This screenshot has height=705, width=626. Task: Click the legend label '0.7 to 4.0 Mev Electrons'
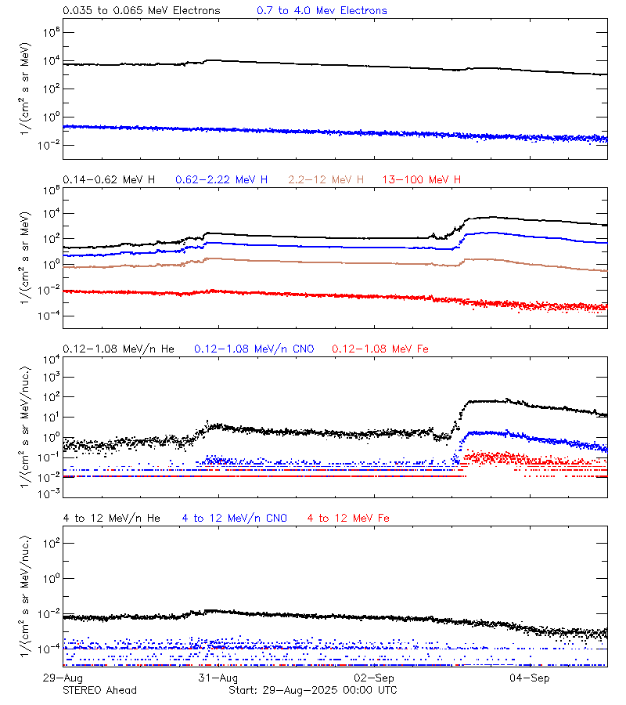pyautogui.click(x=322, y=11)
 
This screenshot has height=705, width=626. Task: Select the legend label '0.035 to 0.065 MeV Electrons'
pyautogui.click(x=142, y=11)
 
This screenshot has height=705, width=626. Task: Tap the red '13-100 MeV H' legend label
pyautogui.click(x=422, y=180)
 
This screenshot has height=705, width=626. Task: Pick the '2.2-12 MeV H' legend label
pyautogui.click(x=326, y=180)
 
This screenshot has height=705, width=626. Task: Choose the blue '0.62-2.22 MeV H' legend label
pyautogui.click(x=221, y=180)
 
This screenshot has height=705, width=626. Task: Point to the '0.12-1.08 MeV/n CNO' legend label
pyautogui.click(x=254, y=349)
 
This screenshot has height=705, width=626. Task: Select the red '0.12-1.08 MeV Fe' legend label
pyautogui.click(x=380, y=349)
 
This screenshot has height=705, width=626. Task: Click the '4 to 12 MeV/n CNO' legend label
pyautogui.click(x=234, y=519)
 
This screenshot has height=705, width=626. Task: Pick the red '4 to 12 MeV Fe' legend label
pyautogui.click(x=348, y=519)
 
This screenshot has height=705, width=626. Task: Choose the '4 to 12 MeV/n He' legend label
pyautogui.click(x=111, y=519)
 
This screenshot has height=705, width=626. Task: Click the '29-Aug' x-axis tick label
pyautogui.click(x=63, y=677)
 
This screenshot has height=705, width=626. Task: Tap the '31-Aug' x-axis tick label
pyautogui.click(x=218, y=677)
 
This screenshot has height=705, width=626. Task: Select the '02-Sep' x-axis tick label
pyautogui.click(x=373, y=677)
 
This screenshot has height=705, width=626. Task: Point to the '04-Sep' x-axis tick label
pyautogui.click(x=529, y=677)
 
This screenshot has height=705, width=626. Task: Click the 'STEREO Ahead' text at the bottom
pyautogui.click(x=99, y=690)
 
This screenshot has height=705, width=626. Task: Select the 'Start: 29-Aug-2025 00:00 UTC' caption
pyautogui.click(x=312, y=690)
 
